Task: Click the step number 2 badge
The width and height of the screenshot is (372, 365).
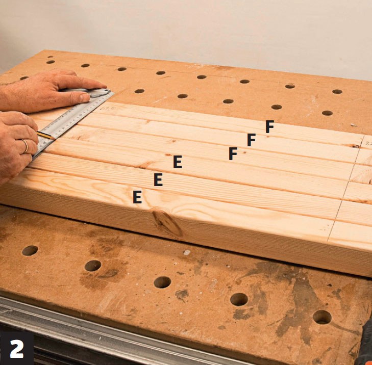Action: coord(17,348)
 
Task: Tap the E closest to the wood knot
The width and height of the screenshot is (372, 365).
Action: coord(137,197)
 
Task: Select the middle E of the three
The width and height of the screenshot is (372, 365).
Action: coord(158,179)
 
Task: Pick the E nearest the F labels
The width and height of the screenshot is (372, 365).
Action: coord(178,162)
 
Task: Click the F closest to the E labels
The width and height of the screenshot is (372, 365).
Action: coord(233,153)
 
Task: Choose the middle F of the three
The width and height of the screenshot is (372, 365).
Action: coord(251,140)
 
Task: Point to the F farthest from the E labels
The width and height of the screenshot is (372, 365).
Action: coord(270,126)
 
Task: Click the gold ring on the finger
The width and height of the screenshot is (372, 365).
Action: coord(26,146)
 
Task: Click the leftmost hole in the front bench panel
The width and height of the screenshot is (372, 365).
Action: coord(30,250)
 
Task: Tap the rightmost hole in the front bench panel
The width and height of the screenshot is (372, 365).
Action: coord(322,317)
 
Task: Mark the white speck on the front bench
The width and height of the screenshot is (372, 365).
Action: coord(187,253)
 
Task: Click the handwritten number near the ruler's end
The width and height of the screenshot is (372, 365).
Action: coord(106,109)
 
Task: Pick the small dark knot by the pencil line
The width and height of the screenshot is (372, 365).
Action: coord(356,146)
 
